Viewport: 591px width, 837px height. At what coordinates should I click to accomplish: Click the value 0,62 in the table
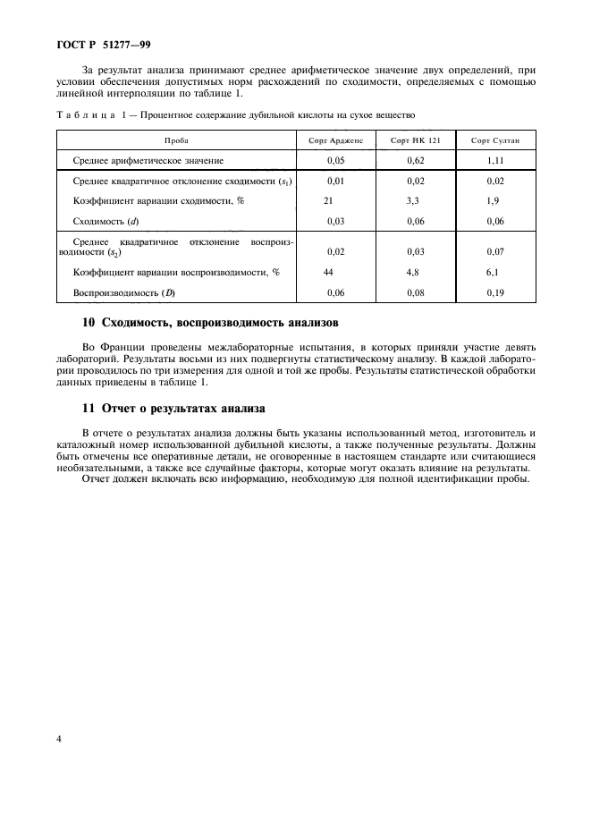414,160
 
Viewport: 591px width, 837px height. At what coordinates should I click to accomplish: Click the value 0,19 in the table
494,292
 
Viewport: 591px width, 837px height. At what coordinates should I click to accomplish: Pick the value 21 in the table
328,201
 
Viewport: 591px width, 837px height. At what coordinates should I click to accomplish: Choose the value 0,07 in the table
494,252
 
